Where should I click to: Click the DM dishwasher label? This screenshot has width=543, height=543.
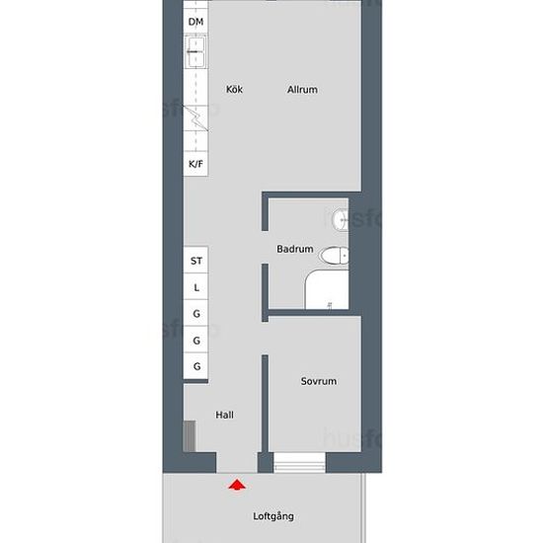point(195,22)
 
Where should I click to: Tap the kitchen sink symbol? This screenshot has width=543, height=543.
point(196,52)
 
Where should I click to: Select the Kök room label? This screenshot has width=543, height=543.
point(234,89)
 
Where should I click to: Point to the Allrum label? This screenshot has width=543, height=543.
point(302,90)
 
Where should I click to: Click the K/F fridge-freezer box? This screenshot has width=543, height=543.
point(195,164)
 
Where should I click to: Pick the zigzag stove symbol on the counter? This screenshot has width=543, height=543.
point(195,117)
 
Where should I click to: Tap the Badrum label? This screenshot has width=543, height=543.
point(295,249)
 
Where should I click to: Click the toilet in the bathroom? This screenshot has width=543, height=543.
point(334,256)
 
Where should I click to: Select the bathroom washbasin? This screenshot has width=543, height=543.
point(340,219)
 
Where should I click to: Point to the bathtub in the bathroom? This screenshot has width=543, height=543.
point(327,289)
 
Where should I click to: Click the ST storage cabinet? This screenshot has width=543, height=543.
point(195,260)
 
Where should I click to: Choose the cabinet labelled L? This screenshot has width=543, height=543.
point(195,286)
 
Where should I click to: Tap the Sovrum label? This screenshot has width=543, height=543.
point(319,381)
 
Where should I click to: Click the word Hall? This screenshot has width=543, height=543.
point(224,415)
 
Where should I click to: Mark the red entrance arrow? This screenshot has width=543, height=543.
point(237,485)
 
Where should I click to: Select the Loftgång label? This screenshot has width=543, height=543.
point(273,516)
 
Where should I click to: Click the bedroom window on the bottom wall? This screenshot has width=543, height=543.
point(299,462)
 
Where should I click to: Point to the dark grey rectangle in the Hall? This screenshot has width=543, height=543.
point(190,436)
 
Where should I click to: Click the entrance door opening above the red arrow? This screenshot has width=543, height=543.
point(237,462)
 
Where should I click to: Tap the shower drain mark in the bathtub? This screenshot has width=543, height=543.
point(330,305)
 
